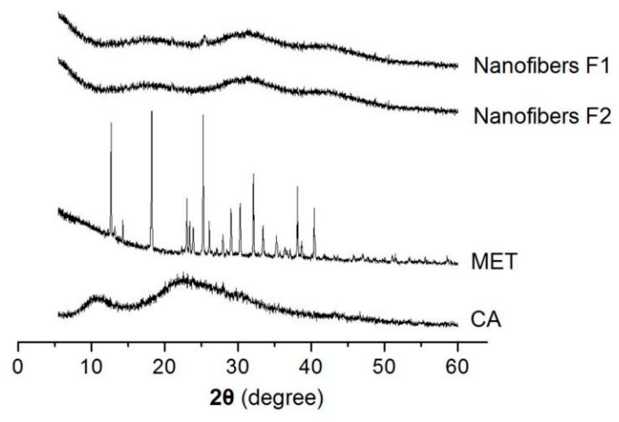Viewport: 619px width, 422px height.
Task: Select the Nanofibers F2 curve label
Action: pos(542,116)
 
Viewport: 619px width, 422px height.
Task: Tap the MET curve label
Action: pos(494,261)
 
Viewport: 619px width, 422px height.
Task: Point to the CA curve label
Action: pos(485,319)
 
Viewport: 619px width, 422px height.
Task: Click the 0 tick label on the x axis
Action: pos(18,367)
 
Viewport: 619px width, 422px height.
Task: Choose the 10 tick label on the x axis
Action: pos(91,367)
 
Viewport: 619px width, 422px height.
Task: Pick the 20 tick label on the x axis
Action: pos(164,367)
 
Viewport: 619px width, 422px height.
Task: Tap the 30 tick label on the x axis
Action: pos(238,367)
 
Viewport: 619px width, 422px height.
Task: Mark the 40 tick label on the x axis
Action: pos(311,367)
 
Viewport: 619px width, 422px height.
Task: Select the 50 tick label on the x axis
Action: pos(384,367)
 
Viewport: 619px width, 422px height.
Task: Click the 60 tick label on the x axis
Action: pos(457,367)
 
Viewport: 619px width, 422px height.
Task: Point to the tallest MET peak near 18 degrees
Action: pos(152,112)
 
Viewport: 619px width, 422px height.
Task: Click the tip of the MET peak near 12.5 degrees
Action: pos(111,123)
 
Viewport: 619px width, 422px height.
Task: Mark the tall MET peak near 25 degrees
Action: pos(203,116)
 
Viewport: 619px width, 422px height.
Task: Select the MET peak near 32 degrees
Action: pos(253,175)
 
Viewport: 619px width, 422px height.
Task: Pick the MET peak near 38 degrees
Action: pos(297,187)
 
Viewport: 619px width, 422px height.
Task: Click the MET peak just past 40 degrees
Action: pos(314,209)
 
